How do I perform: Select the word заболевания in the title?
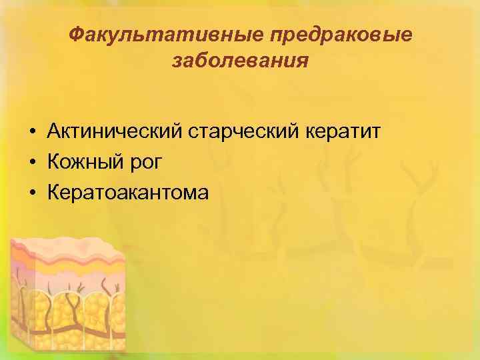tap(240, 61)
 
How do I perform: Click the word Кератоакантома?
tap(128, 193)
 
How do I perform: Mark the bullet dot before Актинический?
tap(31, 131)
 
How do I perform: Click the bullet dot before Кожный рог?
tap(31, 163)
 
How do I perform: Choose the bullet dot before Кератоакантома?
tap(31, 194)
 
